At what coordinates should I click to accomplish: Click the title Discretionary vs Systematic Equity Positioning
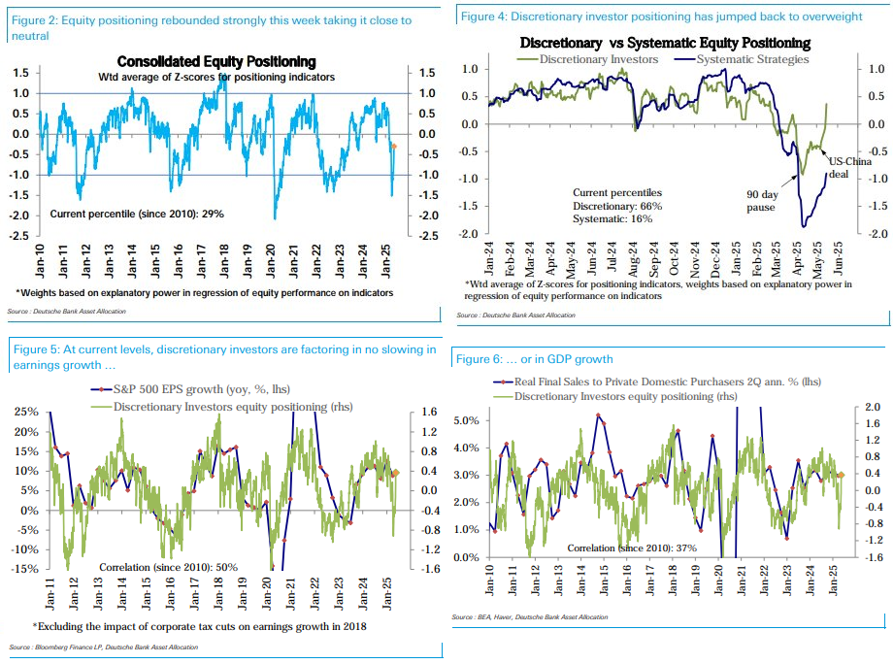coord(665,44)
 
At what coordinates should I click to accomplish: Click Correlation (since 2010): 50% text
coord(168,566)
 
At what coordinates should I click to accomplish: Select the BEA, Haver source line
coord(529,617)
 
